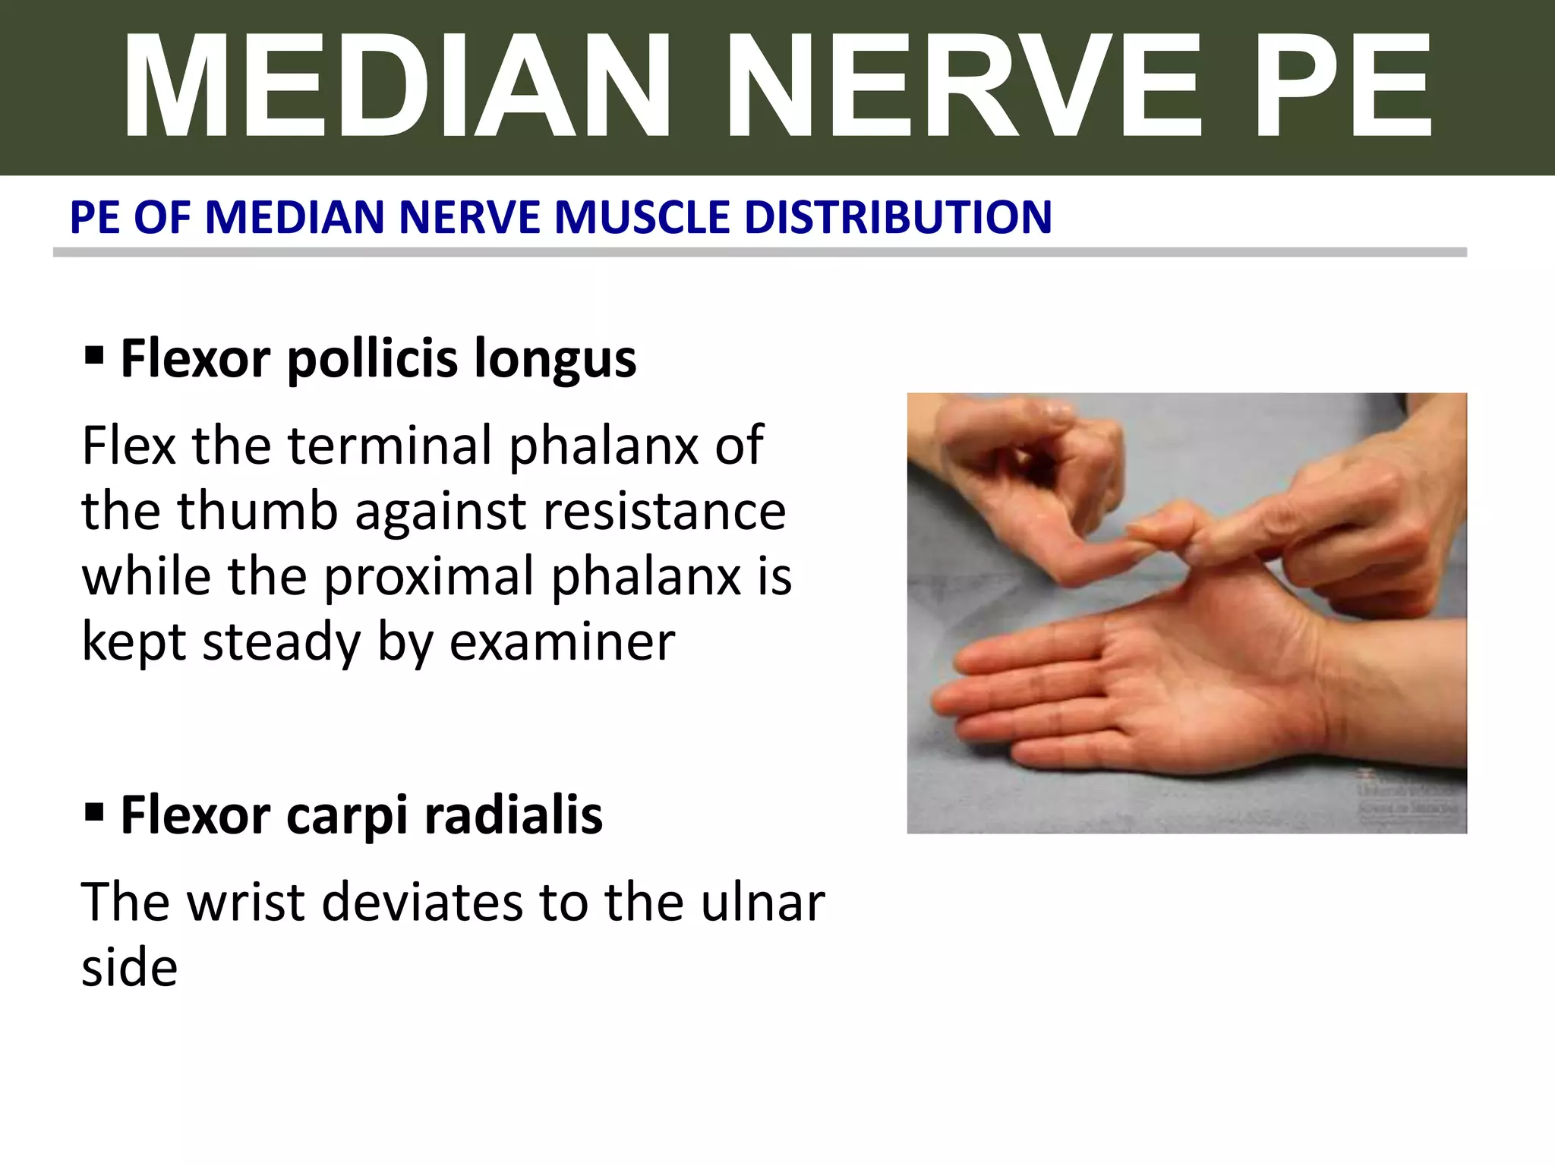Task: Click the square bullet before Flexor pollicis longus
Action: [94, 355]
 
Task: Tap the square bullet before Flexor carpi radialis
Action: [94, 813]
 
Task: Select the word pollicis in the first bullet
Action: [372, 358]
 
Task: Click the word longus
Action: [555, 358]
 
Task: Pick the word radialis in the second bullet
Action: [513, 815]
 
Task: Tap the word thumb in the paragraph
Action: [258, 510]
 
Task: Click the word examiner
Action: [562, 642]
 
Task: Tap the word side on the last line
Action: [130, 968]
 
